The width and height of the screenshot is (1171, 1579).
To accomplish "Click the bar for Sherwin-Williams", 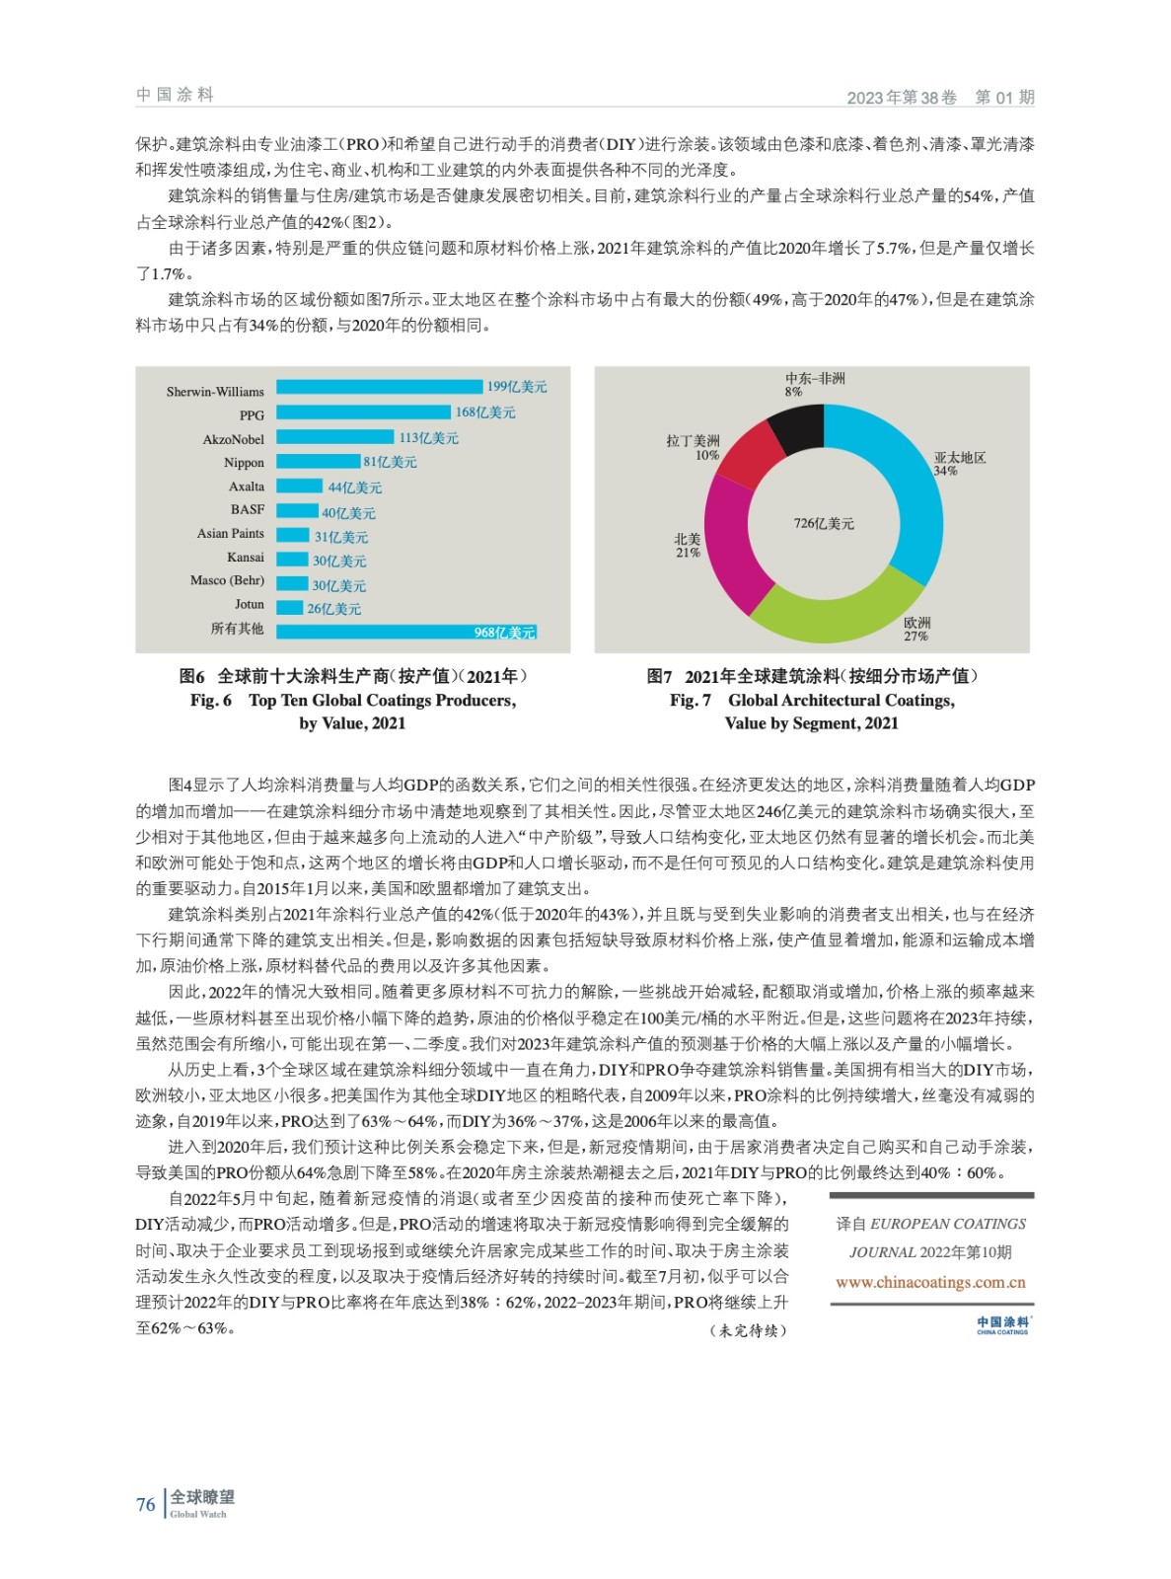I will point(380,388).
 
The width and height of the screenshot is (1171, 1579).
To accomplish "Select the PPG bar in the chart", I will point(364,413).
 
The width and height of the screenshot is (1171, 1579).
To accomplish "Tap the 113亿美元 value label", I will point(428,438).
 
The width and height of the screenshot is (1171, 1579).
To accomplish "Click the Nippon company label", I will point(244,463).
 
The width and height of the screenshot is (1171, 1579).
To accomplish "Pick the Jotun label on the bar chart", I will point(250,605).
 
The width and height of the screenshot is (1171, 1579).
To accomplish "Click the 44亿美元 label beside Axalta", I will point(354,488).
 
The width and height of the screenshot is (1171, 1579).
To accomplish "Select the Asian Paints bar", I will point(293,535).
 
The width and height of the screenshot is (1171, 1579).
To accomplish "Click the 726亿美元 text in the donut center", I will point(824,524).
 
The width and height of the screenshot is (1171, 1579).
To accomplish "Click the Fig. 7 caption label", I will point(690,701).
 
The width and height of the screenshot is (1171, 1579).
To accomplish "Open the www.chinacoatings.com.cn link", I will point(930,1283).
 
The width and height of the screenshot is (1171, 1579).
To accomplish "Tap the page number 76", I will point(146,1505).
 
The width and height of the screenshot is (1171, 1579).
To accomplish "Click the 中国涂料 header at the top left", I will point(175,95).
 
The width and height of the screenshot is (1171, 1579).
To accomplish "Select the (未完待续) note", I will point(748,1330).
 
